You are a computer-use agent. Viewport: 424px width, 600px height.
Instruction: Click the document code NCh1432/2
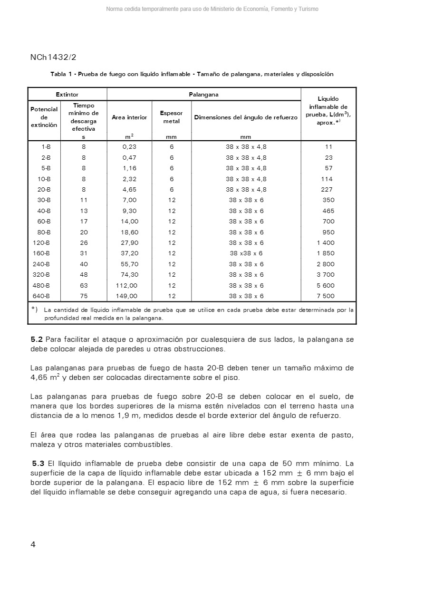click(53, 57)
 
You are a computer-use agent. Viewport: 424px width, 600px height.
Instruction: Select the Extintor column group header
click(67, 95)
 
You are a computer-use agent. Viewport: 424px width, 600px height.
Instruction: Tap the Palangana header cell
click(203, 95)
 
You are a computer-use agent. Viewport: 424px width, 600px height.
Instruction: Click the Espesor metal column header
click(172, 117)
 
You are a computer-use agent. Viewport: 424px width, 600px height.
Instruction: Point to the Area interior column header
click(129, 117)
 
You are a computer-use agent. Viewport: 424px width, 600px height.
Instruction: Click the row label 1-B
click(46, 147)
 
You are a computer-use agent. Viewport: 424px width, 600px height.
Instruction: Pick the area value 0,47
click(129, 157)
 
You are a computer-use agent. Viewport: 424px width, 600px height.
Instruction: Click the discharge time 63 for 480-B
click(84, 285)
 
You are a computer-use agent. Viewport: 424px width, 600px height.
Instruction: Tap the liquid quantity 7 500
click(326, 296)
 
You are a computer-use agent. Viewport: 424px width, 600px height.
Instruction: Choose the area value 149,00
click(126, 296)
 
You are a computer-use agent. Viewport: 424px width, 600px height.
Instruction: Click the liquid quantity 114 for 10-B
click(327, 179)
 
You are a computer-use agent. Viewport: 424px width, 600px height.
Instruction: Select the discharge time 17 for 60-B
click(84, 221)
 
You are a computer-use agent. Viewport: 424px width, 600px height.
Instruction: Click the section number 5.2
click(37, 339)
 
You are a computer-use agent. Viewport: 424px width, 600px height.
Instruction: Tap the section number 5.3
click(38, 463)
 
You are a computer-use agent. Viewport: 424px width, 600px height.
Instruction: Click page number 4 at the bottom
click(33, 545)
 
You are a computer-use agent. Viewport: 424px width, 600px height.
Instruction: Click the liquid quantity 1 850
click(326, 253)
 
